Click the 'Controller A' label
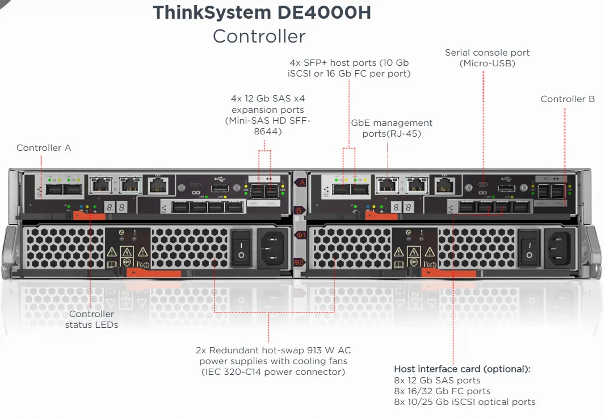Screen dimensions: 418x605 [x=44, y=148]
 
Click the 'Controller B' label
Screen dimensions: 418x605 [x=568, y=99]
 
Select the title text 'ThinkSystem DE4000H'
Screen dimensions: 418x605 [x=262, y=13]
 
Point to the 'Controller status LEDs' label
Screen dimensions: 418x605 [x=91, y=319]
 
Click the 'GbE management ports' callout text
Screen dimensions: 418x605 [x=392, y=128]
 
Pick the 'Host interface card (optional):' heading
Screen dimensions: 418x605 [x=462, y=369]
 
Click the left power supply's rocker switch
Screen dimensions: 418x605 [x=241, y=247]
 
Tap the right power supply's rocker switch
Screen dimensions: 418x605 [x=529, y=247]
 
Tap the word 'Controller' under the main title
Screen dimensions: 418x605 [x=259, y=36]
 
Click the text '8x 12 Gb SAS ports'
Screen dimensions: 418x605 [x=437, y=380]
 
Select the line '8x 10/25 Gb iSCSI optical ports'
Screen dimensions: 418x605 [x=465, y=402]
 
